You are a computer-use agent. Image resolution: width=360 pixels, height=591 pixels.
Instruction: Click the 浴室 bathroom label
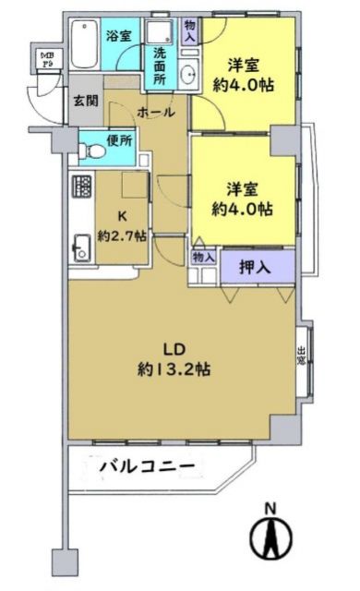[117, 36]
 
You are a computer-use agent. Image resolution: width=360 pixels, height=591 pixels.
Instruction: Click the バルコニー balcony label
[148, 467]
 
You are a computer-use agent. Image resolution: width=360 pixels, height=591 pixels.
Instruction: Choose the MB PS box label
[45, 61]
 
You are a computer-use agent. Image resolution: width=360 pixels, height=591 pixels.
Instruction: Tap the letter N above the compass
[271, 508]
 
